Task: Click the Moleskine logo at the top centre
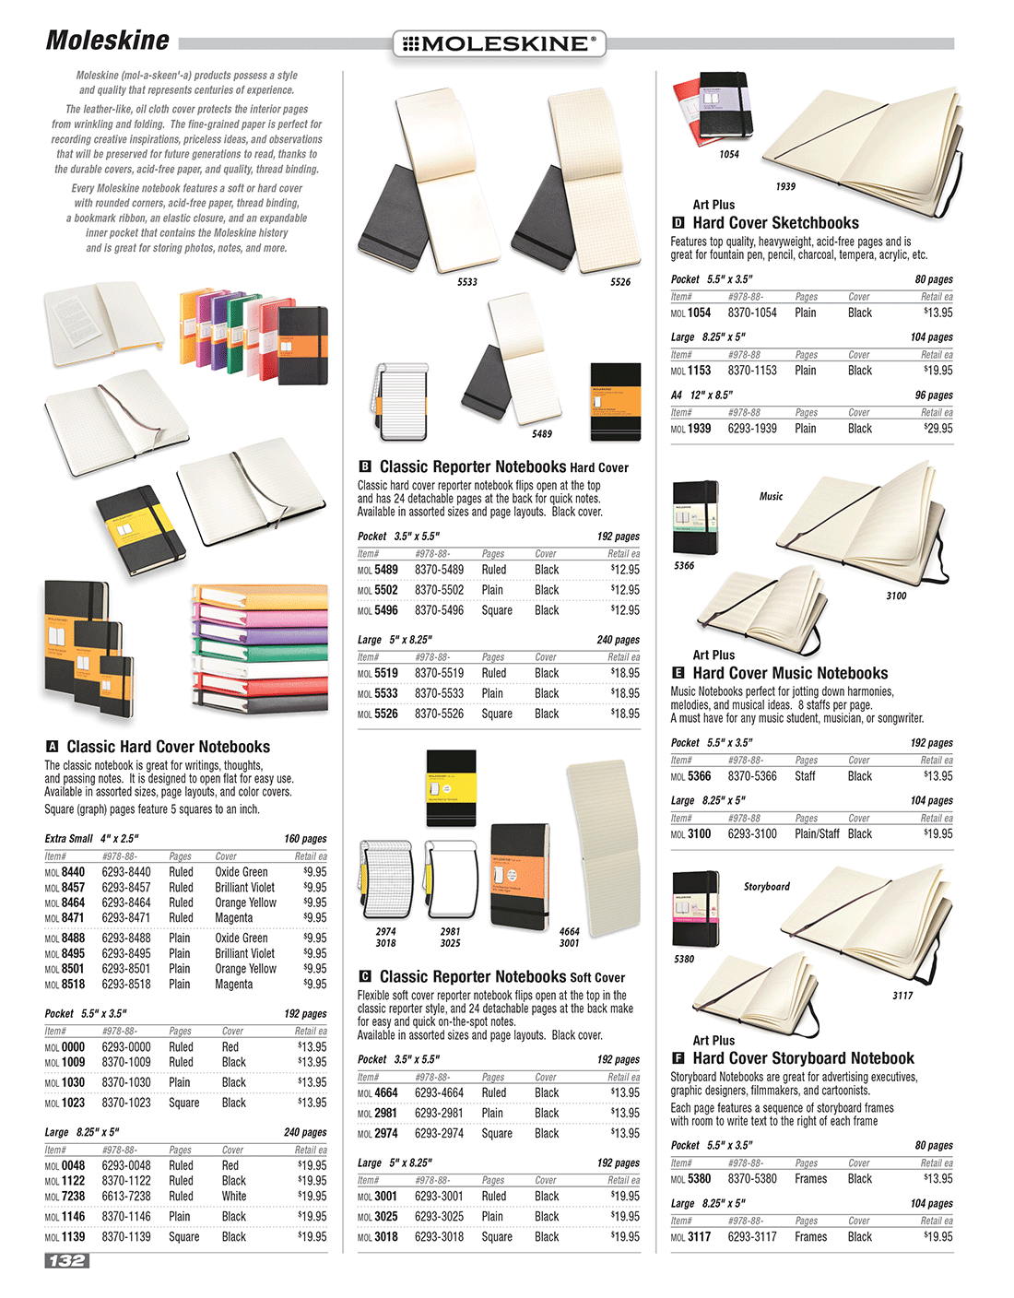pyautogui.click(x=499, y=43)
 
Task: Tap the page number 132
pyautogui.click(x=66, y=1260)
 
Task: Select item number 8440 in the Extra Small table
pyautogui.click(x=73, y=872)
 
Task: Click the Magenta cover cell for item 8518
pyautogui.click(x=233, y=985)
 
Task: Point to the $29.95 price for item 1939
pyautogui.click(x=937, y=429)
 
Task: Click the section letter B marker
pyautogui.click(x=365, y=467)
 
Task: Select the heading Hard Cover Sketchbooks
pyautogui.click(x=775, y=223)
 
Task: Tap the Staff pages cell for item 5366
pyautogui.click(x=805, y=776)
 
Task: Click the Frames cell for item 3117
pyautogui.click(x=810, y=1237)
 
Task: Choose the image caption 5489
pyautogui.click(x=542, y=434)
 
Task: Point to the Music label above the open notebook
pyautogui.click(x=771, y=496)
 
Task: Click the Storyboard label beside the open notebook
pyautogui.click(x=766, y=887)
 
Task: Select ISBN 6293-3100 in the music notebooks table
pyautogui.click(x=752, y=834)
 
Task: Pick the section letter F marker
pyautogui.click(x=678, y=1059)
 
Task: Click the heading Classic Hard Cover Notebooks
pyautogui.click(x=168, y=748)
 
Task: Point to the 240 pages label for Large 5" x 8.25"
pyautogui.click(x=618, y=640)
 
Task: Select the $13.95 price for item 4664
pyautogui.click(x=624, y=1093)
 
